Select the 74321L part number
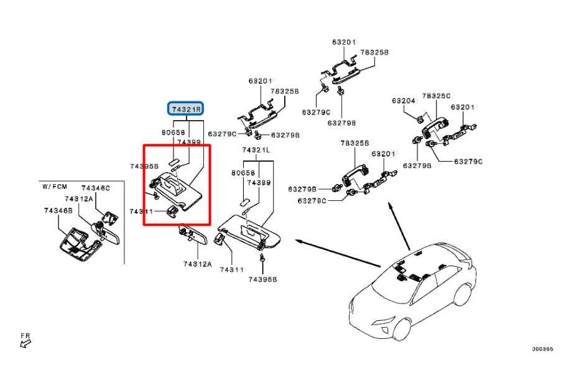click(256, 150)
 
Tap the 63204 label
click(404, 100)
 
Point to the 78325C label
click(435, 96)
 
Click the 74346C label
click(96, 188)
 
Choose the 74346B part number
click(58, 211)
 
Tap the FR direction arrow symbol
click(25, 339)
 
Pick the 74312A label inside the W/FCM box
click(79, 198)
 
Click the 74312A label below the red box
click(197, 264)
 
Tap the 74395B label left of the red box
click(144, 166)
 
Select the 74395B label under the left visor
click(262, 279)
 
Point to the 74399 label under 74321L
click(257, 183)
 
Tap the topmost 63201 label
click(343, 43)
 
